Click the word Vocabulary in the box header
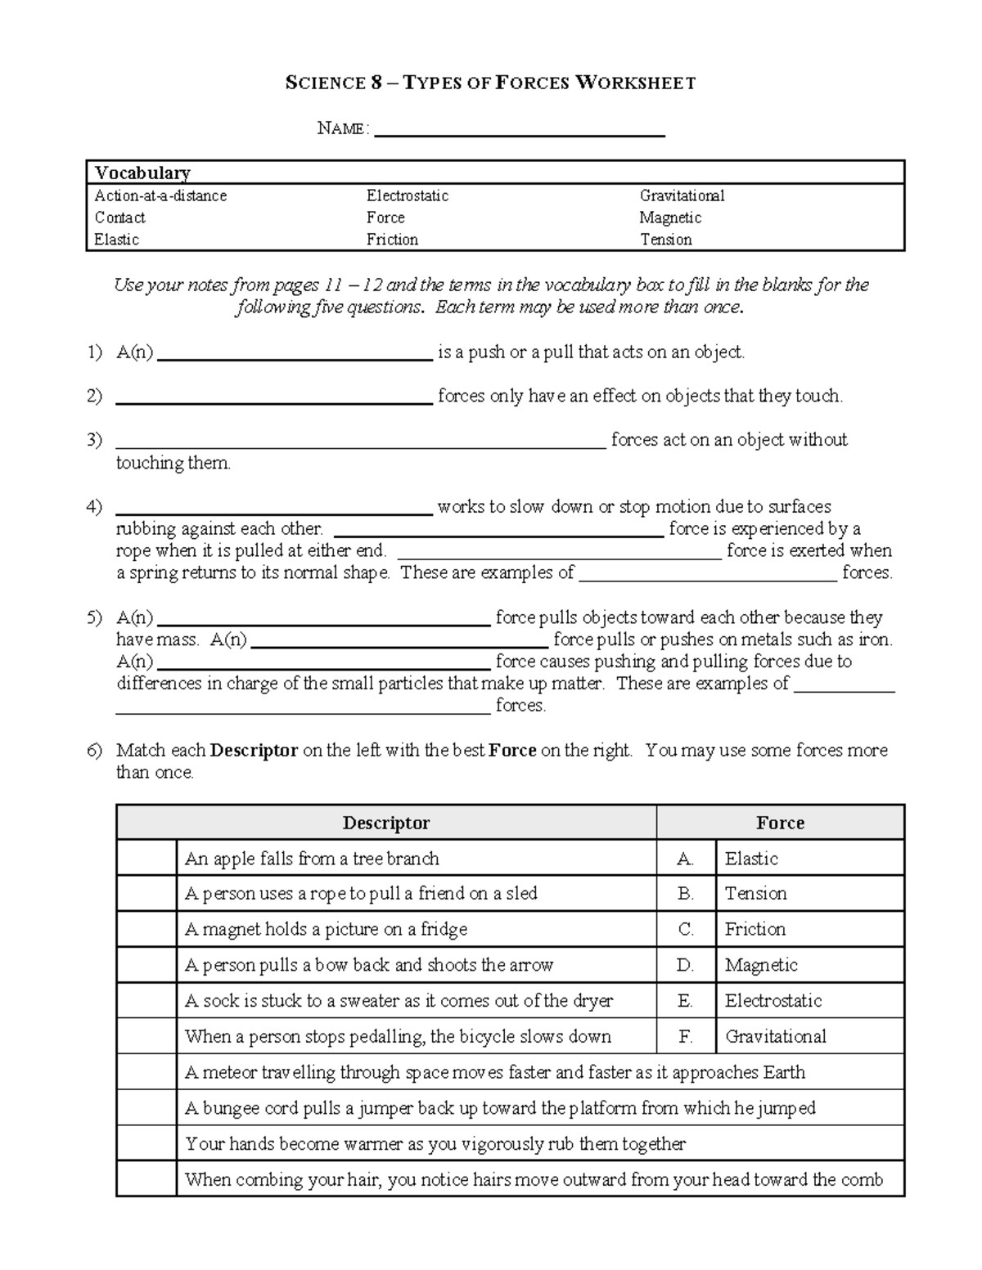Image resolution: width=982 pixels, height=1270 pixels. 142,173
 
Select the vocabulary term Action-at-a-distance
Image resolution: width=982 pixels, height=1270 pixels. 160,195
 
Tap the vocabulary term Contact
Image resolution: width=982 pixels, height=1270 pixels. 119,218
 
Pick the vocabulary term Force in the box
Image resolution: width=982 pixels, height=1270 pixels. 385,218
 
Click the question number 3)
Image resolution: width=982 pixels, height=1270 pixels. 95,440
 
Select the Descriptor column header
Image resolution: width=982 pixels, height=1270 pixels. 385,823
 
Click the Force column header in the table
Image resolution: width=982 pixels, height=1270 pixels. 780,823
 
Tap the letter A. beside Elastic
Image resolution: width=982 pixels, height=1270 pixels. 686,859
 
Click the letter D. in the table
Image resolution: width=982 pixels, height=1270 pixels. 686,965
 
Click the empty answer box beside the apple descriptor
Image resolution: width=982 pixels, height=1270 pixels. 146,859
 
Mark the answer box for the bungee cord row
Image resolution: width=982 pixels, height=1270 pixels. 146,1108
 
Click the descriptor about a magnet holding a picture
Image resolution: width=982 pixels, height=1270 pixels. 326,930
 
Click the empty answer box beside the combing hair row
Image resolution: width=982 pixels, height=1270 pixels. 146,1179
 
